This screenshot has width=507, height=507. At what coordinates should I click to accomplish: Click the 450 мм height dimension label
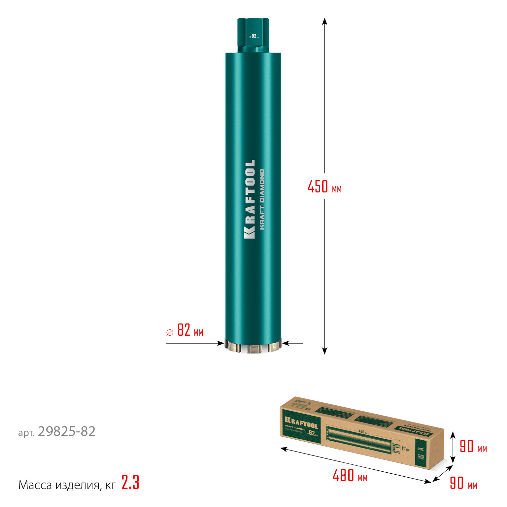[324, 187]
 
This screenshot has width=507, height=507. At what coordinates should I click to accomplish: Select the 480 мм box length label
[350, 476]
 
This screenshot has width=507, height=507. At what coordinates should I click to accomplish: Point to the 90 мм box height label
[473, 447]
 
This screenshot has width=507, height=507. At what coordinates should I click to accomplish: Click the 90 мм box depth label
[463, 483]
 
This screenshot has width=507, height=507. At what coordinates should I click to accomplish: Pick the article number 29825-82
[66, 432]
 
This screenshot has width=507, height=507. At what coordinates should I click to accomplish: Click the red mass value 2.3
[130, 483]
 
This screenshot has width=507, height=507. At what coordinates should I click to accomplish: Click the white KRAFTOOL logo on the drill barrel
[250, 199]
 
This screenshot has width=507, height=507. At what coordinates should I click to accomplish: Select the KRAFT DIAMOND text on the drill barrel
[262, 199]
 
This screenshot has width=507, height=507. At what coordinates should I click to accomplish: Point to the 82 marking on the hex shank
[254, 36]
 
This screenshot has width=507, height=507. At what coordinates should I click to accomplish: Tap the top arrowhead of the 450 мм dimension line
[324, 21]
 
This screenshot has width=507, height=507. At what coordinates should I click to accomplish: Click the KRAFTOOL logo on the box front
[301, 423]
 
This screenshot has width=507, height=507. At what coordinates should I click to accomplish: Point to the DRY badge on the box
[421, 449]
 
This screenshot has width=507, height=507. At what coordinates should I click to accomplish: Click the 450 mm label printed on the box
[363, 432]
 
